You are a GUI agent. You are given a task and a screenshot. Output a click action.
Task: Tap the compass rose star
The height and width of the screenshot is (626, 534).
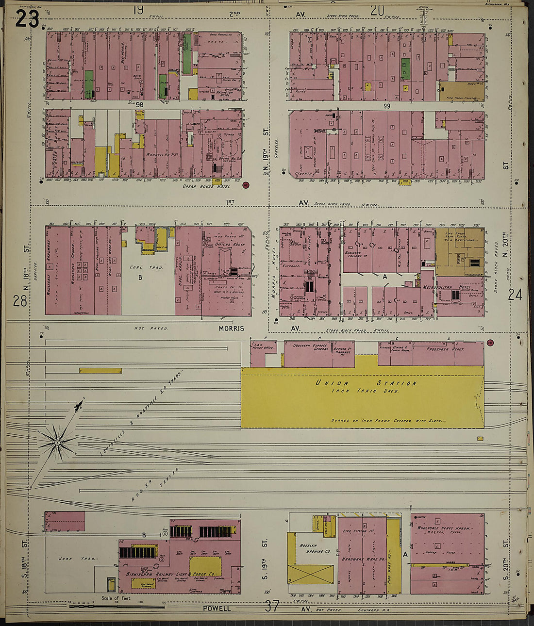(57, 442)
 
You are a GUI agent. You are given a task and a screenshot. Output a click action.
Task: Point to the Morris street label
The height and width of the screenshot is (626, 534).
(231, 329)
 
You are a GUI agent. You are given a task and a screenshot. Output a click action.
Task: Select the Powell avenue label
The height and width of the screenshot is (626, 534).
(217, 608)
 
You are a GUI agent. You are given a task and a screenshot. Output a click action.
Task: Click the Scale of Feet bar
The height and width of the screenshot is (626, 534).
(117, 606)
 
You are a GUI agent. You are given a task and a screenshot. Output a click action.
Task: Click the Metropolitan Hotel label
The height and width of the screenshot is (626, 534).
(454, 287)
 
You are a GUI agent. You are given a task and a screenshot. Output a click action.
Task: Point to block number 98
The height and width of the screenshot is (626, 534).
(140, 105)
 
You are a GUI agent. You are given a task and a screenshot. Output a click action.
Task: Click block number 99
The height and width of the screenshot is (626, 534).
(386, 105)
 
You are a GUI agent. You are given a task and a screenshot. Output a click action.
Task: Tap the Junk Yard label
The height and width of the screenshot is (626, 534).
(81, 559)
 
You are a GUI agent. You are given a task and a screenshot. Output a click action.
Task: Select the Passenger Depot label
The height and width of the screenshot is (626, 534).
(445, 349)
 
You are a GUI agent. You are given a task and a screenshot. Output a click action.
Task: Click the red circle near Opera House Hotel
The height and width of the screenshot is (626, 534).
(246, 185)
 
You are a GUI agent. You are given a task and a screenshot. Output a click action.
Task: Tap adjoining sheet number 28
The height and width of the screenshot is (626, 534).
(20, 301)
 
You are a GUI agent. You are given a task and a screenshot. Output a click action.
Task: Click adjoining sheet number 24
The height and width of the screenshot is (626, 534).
(515, 295)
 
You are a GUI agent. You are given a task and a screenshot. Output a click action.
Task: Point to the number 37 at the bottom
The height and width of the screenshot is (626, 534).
(272, 606)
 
